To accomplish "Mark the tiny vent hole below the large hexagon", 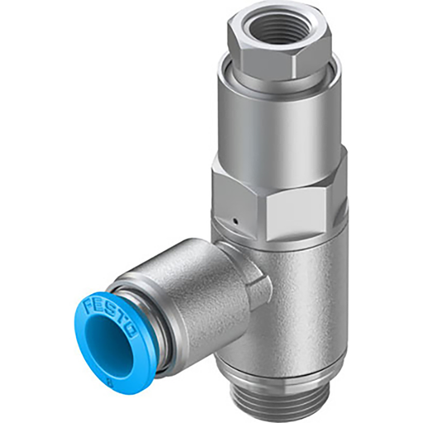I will [x=235, y=221].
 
